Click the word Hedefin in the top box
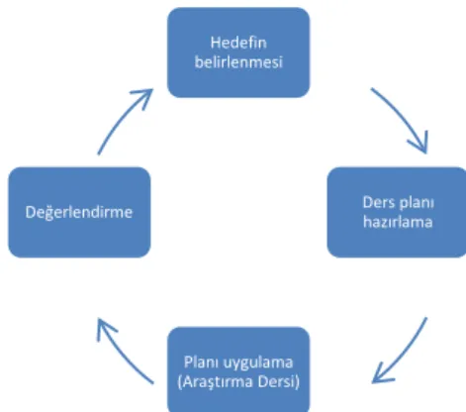pos(238,43)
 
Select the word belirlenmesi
pos(238,61)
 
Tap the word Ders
pos(377,202)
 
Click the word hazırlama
pos(398,221)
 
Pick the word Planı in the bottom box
pos(199,361)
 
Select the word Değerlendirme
pos(79,212)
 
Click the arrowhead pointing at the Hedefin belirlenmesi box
pos(145,96)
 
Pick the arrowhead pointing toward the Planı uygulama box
pos(381,374)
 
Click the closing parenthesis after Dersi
pos(298,382)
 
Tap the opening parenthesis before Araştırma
pos(179,382)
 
